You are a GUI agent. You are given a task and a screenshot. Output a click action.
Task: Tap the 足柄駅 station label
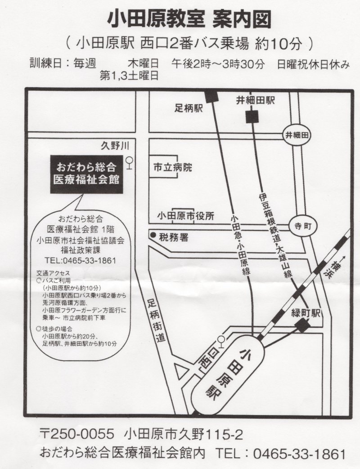[189, 108]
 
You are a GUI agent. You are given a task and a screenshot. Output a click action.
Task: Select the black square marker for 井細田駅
[252, 117]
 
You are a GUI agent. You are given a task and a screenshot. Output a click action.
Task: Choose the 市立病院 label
[173, 167]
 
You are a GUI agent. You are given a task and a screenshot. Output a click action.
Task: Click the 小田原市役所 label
[186, 216]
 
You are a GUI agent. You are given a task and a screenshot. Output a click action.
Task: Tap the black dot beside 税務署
[153, 235]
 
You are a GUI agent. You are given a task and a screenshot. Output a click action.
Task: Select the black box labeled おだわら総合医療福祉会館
[86, 174]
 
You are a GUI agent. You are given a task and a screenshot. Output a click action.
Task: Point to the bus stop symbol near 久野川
[129, 163]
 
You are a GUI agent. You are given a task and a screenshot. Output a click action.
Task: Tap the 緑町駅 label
[306, 313]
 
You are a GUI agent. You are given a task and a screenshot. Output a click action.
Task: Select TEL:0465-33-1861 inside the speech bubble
[80, 260]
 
